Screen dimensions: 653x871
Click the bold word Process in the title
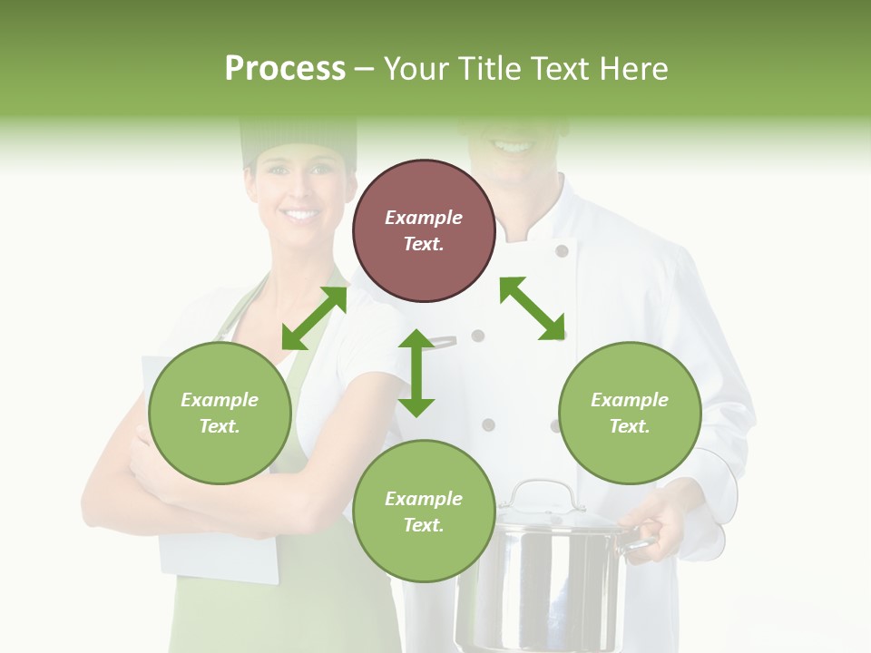285,69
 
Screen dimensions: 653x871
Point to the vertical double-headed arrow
416,373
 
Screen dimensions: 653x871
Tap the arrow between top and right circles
533,308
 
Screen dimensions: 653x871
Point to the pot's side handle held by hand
640,541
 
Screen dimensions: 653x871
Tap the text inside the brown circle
424,230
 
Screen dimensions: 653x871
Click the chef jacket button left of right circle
554,424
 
